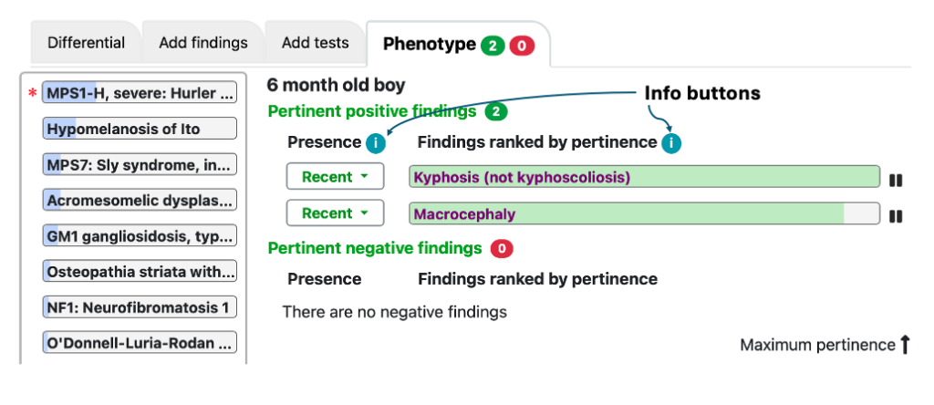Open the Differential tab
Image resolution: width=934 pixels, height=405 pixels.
tap(86, 43)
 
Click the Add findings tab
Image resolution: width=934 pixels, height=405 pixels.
tap(203, 43)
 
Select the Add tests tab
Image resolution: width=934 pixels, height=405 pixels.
tap(315, 43)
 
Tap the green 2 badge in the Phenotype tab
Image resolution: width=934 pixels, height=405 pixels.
tap(493, 46)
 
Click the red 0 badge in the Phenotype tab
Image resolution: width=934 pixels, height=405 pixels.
tap(522, 46)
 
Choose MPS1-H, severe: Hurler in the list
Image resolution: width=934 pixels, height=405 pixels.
tap(140, 94)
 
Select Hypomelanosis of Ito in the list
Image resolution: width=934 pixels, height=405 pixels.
tap(140, 129)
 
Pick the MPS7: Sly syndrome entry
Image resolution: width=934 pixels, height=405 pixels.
tap(140, 164)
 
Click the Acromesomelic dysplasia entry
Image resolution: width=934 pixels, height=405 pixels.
tap(140, 201)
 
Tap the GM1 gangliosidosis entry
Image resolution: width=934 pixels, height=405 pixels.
tap(140, 236)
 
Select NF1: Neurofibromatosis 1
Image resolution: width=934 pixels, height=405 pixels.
tap(140, 307)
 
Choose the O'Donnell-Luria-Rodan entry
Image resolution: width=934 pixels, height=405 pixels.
tap(140, 343)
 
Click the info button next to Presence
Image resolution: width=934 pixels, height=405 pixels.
tap(376, 143)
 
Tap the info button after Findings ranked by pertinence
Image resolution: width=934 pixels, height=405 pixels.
tap(671, 143)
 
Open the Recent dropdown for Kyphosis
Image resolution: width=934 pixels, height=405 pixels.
tap(336, 177)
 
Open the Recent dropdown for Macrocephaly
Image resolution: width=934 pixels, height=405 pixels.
tap(336, 213)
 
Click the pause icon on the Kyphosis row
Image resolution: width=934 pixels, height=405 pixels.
tap(896, 180)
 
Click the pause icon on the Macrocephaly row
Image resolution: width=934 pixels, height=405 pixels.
tap(896, 216)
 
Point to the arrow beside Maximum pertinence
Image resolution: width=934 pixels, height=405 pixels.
tap(905, 344)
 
